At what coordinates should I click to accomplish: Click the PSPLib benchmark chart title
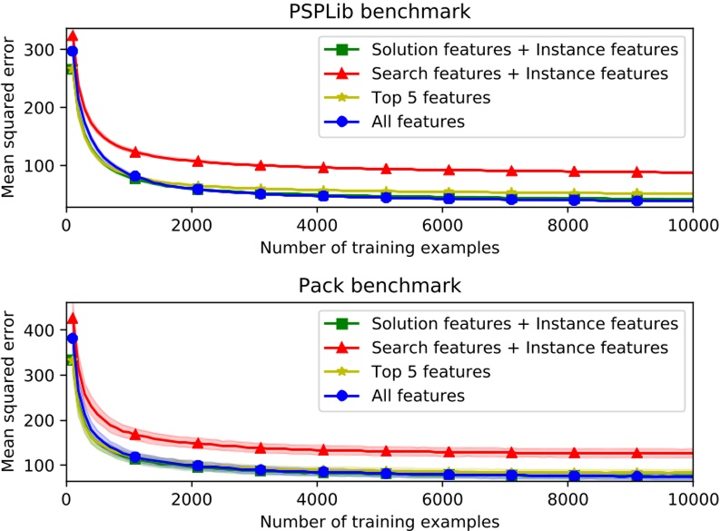(x=380, y=12)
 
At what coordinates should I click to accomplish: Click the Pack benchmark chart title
(x=380, y=285)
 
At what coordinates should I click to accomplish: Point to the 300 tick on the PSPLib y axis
(x=46, y=49)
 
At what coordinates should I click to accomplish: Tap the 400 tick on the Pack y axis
(x=46, y=330)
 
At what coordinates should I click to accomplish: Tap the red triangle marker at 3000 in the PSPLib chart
(x=261, y=165)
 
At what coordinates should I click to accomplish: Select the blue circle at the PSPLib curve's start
(x=73, y=51)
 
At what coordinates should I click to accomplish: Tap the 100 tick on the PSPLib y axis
(x=46, y=165)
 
